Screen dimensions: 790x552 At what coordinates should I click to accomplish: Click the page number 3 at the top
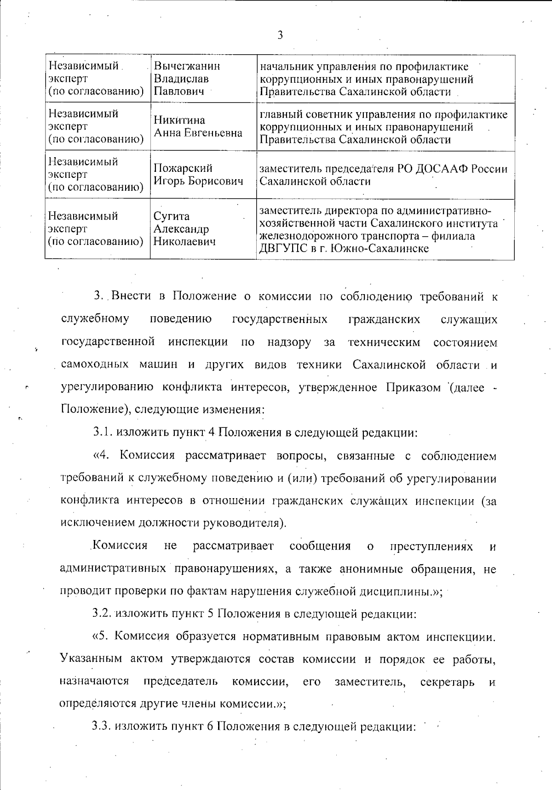click(280, 35)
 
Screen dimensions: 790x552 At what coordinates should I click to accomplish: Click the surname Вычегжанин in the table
click(187, 66)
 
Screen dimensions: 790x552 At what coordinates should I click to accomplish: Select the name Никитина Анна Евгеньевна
click(198, 127)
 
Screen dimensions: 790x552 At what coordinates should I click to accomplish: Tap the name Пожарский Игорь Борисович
click(198, 175)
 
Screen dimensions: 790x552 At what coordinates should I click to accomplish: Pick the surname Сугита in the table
click(171, 216)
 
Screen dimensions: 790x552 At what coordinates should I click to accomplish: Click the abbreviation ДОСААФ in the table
click(438, 169)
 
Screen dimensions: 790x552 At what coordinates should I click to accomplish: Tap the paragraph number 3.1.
click(103, 432)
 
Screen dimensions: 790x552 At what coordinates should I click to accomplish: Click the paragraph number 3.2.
click(102, 613)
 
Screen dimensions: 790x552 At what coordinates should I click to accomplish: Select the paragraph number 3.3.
click(102, 726)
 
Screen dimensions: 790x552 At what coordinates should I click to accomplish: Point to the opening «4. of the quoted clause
click(103, 455)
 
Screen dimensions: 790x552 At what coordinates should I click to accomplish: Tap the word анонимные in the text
click(372, 569)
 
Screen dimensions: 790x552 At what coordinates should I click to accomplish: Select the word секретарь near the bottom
click(447, 681)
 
